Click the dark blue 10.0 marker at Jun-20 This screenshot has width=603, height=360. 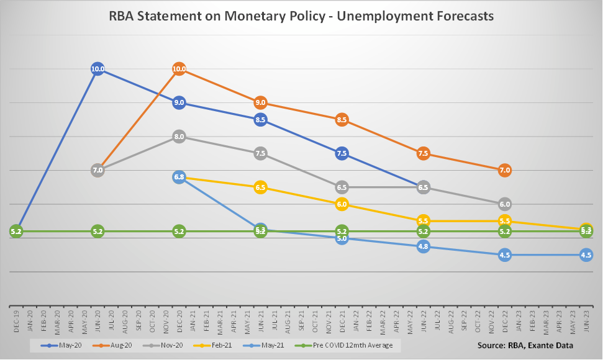[x=97, y=69]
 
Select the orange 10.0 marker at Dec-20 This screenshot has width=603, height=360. [x=179, y=69]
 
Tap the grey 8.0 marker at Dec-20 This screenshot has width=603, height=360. [x=179, y=137]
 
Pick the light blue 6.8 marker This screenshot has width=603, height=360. [x=179, y=178]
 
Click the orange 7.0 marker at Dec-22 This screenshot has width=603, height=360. [x=504, y=170]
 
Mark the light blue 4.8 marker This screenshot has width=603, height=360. [x=423, y=246]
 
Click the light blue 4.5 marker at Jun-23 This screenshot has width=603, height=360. [x=586, y=254]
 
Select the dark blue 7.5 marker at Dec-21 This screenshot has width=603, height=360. [x=342, y=153]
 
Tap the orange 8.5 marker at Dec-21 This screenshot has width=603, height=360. [x=342, y=119]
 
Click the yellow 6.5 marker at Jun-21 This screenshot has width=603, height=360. [x=260, y=187]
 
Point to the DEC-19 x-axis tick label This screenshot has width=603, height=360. [x=16, y=322]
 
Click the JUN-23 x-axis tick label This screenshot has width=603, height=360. [x=586, y=322]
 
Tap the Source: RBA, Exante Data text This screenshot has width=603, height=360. [x=525, y=345]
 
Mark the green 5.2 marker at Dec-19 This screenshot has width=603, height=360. [x=16, y=232]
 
